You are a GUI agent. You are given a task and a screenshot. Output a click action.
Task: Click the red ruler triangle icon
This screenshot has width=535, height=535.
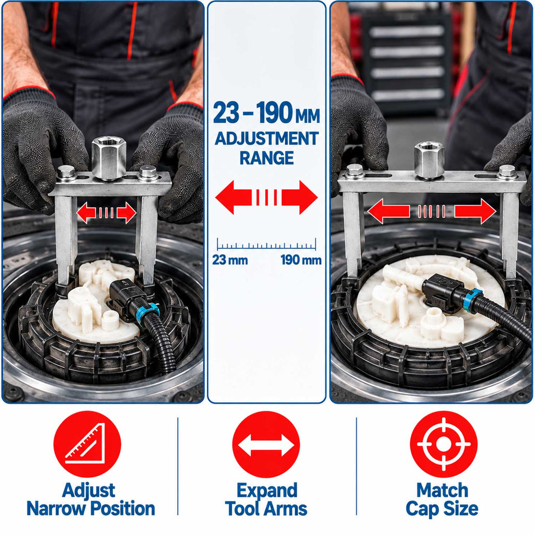[x=87, y=444]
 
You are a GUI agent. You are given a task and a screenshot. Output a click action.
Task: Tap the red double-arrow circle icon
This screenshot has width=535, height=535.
[x=266, y=444]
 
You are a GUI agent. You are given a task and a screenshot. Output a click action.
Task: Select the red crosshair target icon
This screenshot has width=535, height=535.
[x=444, y=444]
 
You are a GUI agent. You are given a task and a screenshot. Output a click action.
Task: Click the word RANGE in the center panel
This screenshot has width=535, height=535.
[x=266, y=158]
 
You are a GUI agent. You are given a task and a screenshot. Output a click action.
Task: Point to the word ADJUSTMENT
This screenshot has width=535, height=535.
[x=266, y=138]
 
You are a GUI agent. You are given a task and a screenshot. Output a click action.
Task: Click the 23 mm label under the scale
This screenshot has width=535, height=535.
[x=230, y=260]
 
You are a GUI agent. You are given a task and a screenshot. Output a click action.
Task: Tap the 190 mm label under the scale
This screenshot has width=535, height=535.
[x=301, y=260]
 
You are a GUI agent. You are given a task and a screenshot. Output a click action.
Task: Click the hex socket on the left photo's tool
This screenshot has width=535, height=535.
[x=109, y=158]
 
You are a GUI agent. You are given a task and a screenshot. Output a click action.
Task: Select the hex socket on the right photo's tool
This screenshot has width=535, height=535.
[x=429, y=160]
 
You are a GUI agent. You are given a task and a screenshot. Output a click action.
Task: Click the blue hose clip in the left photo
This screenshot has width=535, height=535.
[x=148, y=313]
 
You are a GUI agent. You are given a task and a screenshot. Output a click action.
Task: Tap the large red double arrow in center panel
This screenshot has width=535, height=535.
[x=266, y=197]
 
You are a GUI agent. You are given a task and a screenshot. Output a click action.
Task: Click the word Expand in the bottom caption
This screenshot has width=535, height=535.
[x=267, y=491]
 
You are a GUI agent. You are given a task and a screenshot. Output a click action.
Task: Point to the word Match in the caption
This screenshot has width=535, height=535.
[x=442, y=491]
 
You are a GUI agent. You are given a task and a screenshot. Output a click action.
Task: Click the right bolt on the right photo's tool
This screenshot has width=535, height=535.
[x=507, y=171]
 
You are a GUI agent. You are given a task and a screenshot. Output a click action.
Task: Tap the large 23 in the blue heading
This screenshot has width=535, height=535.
[x=226, y=113]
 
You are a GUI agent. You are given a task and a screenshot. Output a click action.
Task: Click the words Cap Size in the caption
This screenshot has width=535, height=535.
[x=442, y=509]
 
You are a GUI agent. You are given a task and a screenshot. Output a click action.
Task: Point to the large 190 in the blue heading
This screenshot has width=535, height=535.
[x=274, y=113]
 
